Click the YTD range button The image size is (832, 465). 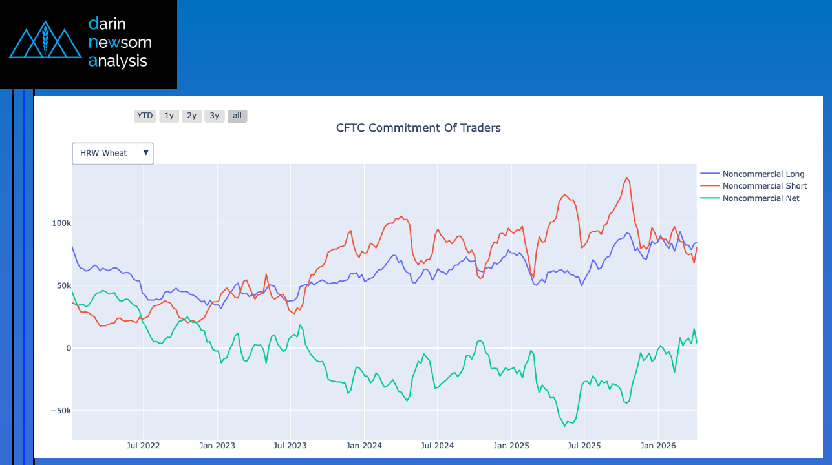point(145,116)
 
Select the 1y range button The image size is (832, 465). point(169,116)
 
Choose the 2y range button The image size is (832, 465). point(191,116)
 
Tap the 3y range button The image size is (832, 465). point(214,116)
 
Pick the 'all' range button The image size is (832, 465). point(237,116)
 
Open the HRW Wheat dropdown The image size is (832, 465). point(112,154)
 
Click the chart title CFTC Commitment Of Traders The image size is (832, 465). point(418,128)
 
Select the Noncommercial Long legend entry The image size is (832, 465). point(763,174)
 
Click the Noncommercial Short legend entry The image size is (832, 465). point(764,186)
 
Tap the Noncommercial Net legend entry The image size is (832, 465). point(761,198)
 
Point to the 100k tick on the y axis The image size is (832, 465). point(61,223)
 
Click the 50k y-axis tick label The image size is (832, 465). point(63,285)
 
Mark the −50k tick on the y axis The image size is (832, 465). point(61,411)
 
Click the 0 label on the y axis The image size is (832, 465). point(67,348)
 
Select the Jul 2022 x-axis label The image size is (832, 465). point(143,446)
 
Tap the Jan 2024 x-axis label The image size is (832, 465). point(364,446)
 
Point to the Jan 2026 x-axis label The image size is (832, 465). point(657,446)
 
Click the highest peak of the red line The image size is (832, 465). point(626,178)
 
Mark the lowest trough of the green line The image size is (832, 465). point(564,426)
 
